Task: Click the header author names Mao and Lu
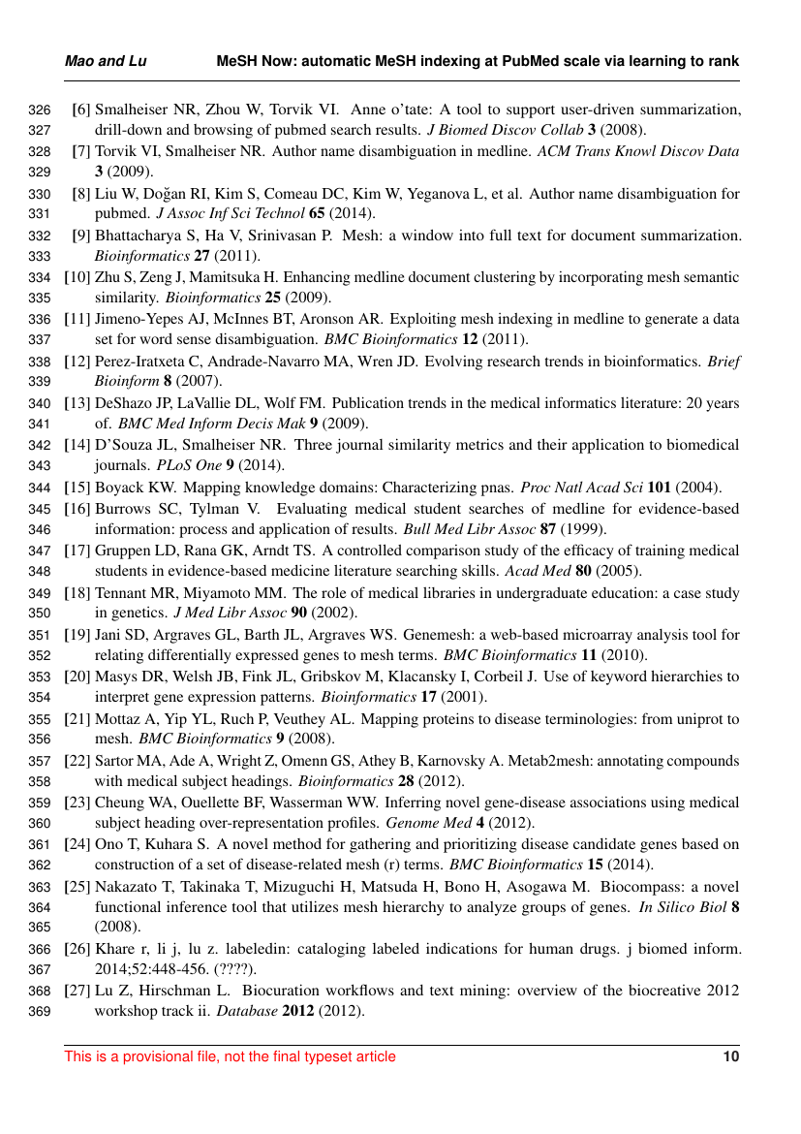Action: [x=106, y=61]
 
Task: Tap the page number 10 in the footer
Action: [x=731, y=1056]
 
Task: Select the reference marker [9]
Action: [x=81, y=236]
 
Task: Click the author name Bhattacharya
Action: [x=136, y=236]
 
